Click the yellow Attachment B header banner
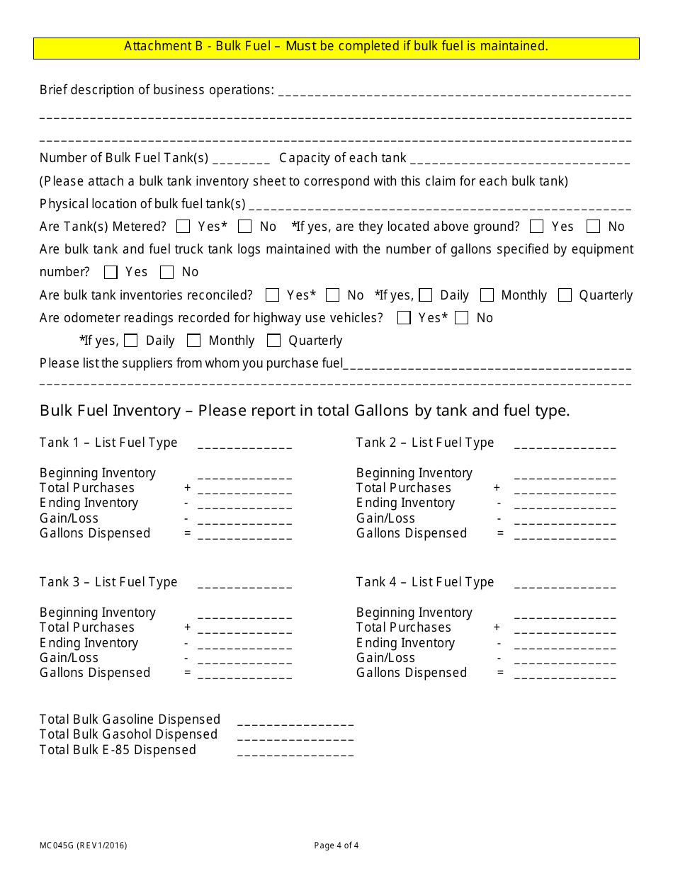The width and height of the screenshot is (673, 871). click(336, 47)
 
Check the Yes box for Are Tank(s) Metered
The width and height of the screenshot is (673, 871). click(183, 227)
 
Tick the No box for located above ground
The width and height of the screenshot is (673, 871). click(594, 227)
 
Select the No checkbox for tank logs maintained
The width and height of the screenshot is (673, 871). click(167, 272)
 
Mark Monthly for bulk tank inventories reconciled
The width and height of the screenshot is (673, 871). click(487, 295)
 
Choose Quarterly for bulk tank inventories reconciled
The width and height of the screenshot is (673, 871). click(565, 295)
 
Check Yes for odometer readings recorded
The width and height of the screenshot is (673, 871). click(404, 318)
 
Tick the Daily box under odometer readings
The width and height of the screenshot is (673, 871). click(130, 341)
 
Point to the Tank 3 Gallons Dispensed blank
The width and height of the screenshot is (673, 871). click(244, 675)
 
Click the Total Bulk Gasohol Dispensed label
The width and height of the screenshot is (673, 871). click(128, 734)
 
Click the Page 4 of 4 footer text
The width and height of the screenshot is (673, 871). click(336, 845)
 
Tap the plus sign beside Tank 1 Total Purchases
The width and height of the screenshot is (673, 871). click(188, 488)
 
